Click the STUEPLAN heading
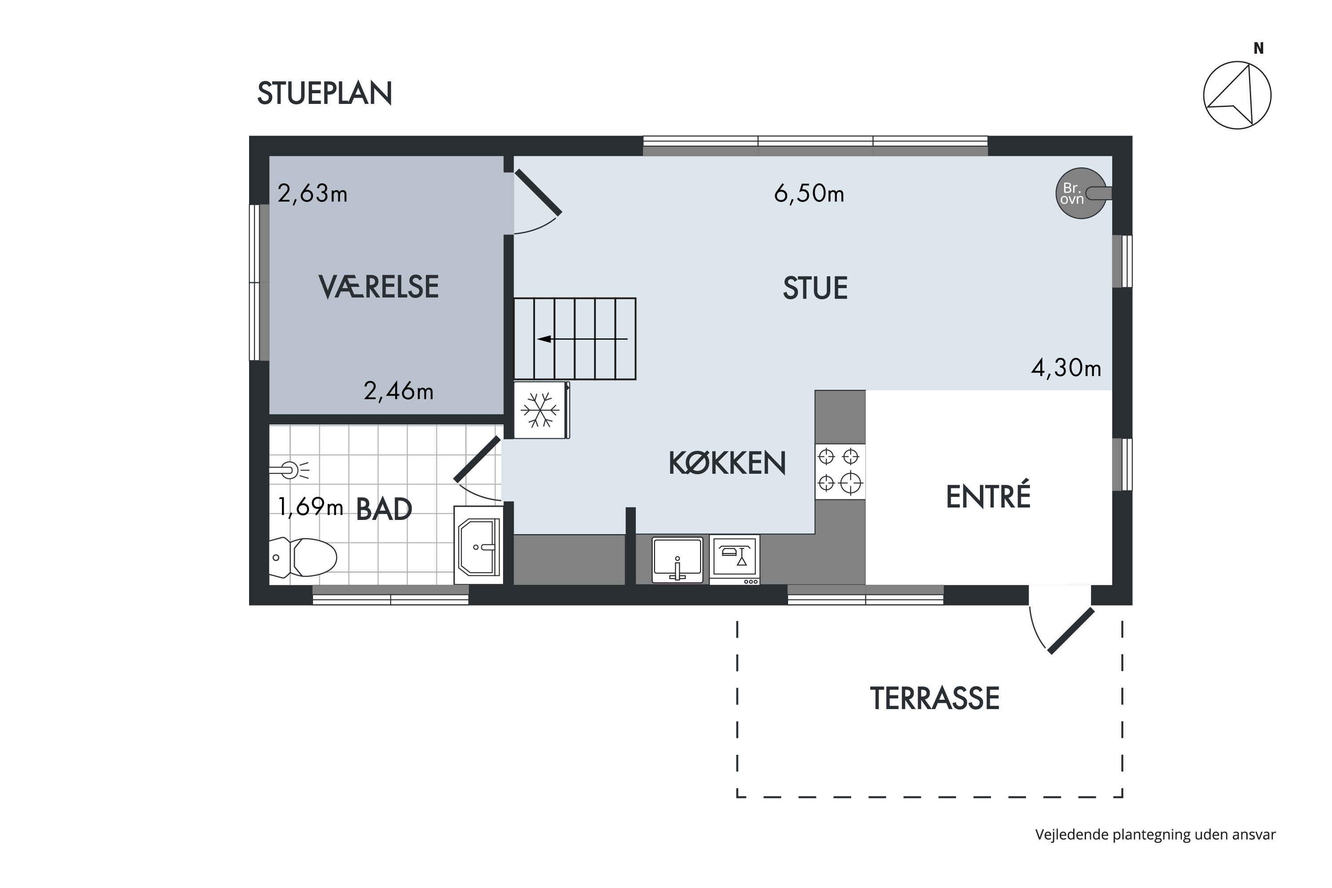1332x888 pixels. [x=325, y=93]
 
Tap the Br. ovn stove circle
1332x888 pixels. [x=1081, y=193]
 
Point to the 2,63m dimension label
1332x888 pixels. [x=312, y=194]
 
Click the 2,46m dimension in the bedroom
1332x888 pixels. [x=398, y=391]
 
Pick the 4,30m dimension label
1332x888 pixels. [x=1066, y=368]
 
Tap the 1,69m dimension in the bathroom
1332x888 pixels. [x=310, y=507]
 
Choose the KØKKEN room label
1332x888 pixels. [x=727, y=463]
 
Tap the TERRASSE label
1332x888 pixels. [x=935, y=698]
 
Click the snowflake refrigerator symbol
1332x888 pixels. [x=540, y=410]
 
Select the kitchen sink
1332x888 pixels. [x=678, y=559]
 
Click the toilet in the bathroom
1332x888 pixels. [x=302, y=557]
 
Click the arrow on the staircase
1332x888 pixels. [x=582, y=339]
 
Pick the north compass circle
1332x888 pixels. [x=1237, y=95]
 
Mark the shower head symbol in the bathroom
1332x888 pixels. [x=289, y=470]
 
